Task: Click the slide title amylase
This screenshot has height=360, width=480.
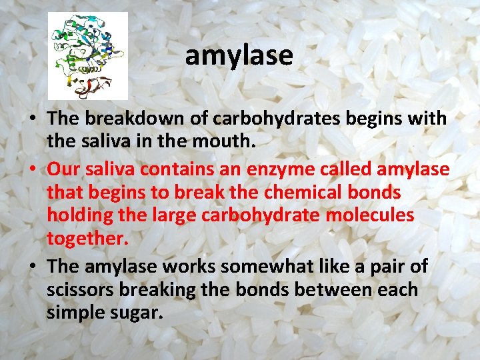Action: pos(239,55)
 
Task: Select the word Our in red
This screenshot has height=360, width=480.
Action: pos(62,169)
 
